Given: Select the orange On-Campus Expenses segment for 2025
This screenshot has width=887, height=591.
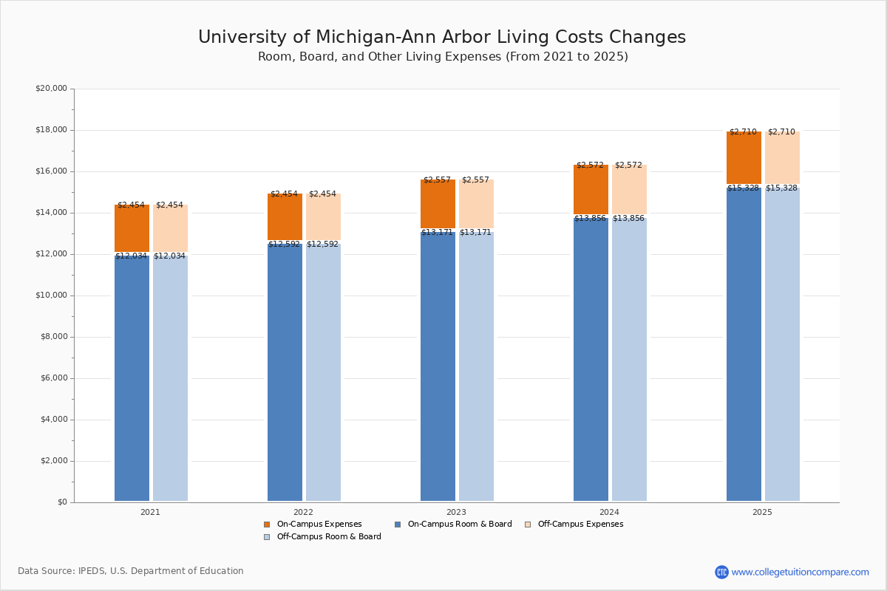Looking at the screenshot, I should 744,157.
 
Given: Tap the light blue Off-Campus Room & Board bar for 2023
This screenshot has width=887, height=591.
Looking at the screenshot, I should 476,366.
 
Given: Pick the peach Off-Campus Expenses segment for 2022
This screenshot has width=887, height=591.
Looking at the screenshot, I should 323,217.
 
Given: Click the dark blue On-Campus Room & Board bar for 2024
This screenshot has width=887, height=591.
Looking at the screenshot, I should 591,359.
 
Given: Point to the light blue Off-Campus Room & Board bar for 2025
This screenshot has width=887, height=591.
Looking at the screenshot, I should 782,344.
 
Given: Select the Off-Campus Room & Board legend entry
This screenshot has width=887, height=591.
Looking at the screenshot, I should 328,537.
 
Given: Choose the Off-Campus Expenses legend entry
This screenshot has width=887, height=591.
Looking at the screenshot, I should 580,525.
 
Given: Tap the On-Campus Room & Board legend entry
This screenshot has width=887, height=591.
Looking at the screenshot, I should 459,525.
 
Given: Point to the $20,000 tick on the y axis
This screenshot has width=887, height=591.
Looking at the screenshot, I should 51,89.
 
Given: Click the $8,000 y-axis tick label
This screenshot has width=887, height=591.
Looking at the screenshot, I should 53,337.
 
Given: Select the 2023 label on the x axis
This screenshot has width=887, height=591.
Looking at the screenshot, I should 456,512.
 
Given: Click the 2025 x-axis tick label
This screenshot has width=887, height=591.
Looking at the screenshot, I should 762,512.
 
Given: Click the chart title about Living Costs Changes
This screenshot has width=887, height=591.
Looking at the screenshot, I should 442,38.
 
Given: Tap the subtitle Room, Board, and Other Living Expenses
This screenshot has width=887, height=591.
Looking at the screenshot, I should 443,57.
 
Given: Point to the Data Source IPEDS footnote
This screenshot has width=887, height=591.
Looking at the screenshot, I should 131,571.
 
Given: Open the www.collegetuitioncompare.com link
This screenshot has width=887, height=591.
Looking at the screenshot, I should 800,572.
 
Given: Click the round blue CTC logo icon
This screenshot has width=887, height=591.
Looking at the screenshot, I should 721,572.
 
